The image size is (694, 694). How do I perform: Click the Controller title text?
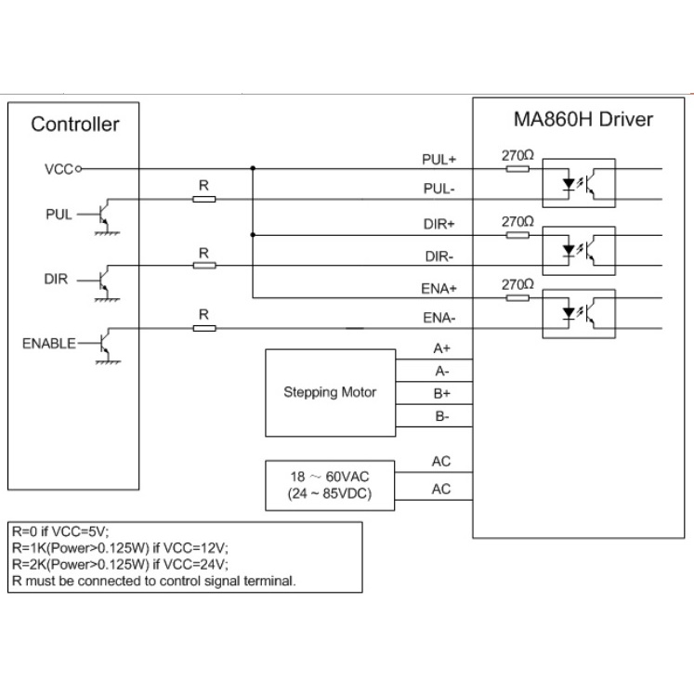(75, 124)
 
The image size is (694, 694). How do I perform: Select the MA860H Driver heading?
(583, 120)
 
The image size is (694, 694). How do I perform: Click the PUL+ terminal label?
(439, 159)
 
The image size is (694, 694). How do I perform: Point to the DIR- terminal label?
(439, 255)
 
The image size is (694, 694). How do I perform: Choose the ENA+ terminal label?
(439, 288)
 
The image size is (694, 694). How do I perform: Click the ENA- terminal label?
(439, 319)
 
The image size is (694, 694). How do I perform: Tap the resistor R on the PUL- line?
(204, 199)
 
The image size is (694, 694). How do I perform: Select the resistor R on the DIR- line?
(204, 265)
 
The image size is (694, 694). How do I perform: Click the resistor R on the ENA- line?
(204, 327)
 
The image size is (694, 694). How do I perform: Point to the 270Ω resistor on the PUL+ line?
(517, 169)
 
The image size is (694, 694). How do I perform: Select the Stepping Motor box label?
(330, 392)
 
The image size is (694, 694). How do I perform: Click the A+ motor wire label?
(442, 348)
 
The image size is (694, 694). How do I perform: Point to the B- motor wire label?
(442, 417)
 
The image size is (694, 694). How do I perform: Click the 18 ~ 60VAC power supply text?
(330, 477)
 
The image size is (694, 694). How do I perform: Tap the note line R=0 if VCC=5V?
(60, 532)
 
